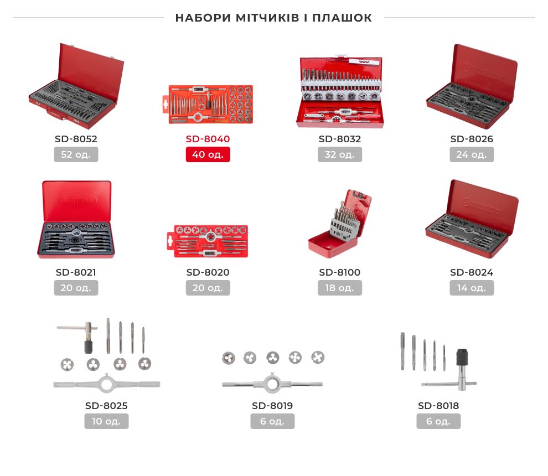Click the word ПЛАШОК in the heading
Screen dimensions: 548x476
(342, 18)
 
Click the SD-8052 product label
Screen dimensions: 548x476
(76, 139)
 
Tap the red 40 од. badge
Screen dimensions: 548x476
(208, 154)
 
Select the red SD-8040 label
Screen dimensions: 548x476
(208, 139)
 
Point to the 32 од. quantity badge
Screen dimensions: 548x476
(340, 154)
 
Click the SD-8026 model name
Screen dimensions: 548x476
(472, 139)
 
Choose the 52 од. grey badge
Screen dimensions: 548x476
(76, 154)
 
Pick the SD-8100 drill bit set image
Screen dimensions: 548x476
(340, 224)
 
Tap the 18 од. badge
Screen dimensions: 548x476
(340, 288)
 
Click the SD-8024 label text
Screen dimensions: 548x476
(472, 273)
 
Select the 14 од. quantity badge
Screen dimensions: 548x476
(472, 288)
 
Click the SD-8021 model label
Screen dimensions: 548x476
(76, 273)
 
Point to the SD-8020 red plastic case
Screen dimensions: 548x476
(208, 241)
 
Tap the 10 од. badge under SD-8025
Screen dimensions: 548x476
(106, 421)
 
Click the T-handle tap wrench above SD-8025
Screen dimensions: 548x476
(80, 336)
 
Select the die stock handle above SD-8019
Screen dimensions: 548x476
(272, 384)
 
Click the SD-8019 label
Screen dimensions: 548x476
(272, 406)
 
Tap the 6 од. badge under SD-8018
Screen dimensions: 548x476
(438, 421)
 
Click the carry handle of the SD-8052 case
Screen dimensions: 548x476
(56, 114)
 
